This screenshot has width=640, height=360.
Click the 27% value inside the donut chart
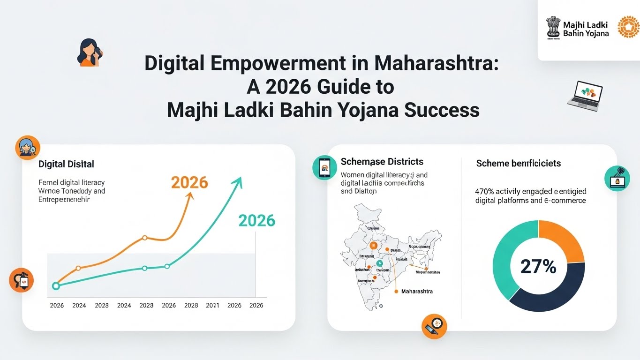(538, 266)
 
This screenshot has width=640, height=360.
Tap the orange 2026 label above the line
(190, 182)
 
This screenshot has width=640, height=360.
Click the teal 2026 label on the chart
(256, 220)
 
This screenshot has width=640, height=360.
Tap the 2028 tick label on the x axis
(191, 305)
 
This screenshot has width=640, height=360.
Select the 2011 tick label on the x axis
(212, 305)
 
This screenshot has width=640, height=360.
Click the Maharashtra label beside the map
(417, 292)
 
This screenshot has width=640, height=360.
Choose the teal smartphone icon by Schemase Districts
(324, 167)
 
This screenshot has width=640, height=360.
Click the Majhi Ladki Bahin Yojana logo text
(586, 29)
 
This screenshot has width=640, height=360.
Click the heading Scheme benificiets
(519, 163)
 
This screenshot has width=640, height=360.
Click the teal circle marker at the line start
(56, 286)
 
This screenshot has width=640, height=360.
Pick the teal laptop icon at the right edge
(617, 179)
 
